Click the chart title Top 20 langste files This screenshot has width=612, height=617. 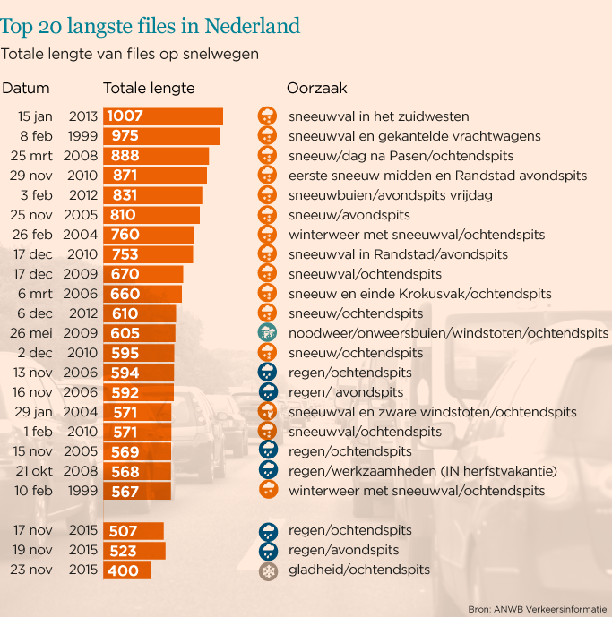(x=151, y=25)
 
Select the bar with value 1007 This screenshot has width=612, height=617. (x=163, y=116)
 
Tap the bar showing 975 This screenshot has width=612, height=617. (x=161, y=136)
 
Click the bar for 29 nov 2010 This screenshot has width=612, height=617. (x=155, y=176)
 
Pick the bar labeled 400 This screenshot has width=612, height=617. (x=127, y=570)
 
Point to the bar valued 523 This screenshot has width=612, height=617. (x=134, y=551)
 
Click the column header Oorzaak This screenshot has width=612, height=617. (x=316, y=89)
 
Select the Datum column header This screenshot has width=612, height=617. (x=26, y=89)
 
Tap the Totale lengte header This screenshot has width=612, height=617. (x=149, y=89)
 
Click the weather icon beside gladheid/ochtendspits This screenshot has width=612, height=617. (x=267, y=570)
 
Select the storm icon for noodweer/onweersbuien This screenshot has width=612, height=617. (x=267, y=333)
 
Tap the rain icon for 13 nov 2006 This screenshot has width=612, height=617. (x=267, y=373)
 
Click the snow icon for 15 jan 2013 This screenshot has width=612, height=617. (x=267, y=116)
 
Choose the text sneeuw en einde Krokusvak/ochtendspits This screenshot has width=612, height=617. (x=419, y=294)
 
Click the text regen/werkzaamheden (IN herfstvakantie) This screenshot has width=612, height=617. (x=423, y=471)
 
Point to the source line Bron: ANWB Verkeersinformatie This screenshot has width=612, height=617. (x=538, y=609)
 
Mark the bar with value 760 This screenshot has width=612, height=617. (x=148, y=235)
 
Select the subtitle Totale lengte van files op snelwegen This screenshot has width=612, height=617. (x=131, y=55)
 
